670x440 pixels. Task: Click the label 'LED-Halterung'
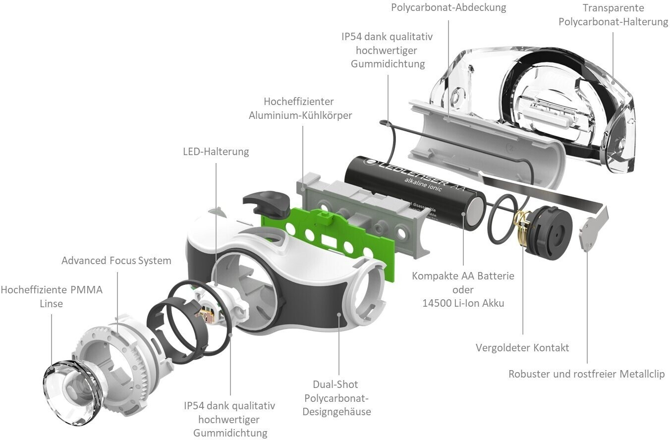click(x=216, y=152)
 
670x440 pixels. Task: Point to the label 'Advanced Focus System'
click(x=116, y=261)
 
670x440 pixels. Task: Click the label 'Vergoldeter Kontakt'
click(x=522, y=348)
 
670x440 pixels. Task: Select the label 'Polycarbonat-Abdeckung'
click(x=448, y=8)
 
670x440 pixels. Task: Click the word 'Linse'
click(x=52, y=303)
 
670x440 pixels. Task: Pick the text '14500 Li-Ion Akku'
click(x=463, y=303)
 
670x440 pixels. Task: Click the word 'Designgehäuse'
click(x=337, y=411)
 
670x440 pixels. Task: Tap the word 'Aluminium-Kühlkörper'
click(x=300, y=115)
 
